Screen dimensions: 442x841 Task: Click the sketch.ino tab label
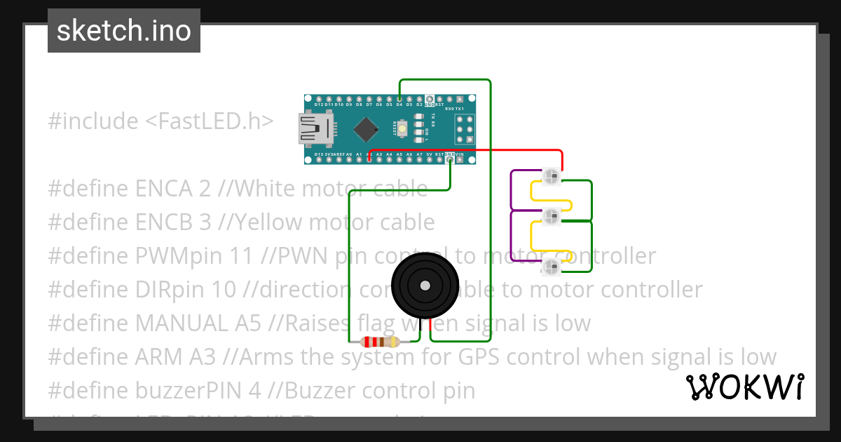pos(124,31)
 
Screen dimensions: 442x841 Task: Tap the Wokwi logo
pos(744,387)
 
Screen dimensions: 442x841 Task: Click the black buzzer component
pos(425,286)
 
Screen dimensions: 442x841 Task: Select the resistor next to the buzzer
pos(378,342)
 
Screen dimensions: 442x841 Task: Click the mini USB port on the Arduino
pos(317,129)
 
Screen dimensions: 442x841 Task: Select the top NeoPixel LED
pos(552,175)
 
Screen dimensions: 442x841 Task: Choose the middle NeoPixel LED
pos(552,216)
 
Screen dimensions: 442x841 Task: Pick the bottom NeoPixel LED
pos(552,266)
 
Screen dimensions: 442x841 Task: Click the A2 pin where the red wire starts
pos(369,159)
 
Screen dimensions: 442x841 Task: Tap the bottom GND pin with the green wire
pos(450,159)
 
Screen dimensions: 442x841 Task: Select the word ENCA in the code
pos(161,189)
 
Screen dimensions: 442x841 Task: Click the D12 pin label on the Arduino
pos(319,105)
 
